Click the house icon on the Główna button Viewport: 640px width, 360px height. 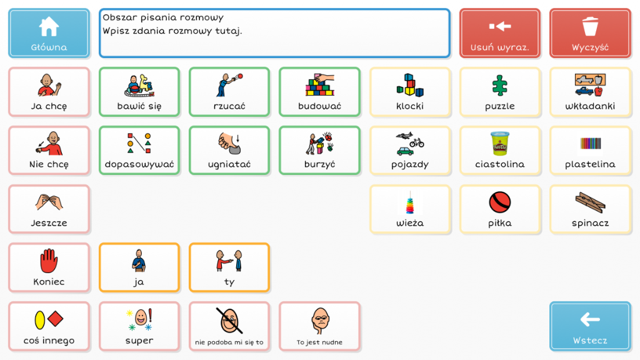point(49,26)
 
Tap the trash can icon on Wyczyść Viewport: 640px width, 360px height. point(590,26)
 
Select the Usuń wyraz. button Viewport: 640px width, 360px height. point(500,33)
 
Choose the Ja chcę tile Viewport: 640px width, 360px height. point(49,92)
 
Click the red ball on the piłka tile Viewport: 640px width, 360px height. point(499,202)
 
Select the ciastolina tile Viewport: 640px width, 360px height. point(499,151)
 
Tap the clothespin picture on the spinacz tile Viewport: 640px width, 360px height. point(590,202)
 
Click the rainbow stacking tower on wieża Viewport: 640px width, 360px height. point(409,203)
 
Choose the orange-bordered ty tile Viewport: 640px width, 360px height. point(229,267)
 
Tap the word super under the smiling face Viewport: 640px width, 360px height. point(139,341)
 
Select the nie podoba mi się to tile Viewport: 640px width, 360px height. point(229,326)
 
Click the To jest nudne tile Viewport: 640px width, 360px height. point(319,326)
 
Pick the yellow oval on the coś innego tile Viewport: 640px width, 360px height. point(39,320)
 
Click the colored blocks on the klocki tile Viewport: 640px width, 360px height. point(409,85)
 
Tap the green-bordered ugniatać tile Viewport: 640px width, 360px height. point(229,151)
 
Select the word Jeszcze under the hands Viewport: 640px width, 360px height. point(49,223)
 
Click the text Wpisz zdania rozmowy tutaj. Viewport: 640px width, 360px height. point(172,31)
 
